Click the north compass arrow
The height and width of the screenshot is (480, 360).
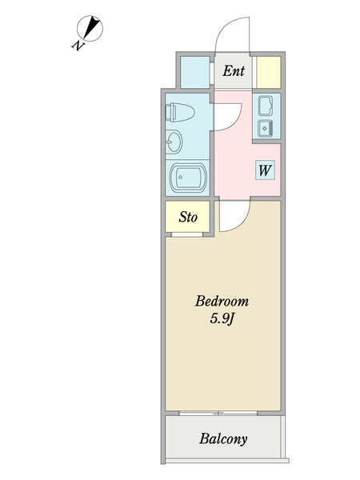pos(94,29)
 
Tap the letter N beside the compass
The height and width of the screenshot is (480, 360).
pos(78,46)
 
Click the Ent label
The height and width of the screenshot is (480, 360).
pos(233,71)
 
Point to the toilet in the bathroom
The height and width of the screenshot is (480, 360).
pos(179,112)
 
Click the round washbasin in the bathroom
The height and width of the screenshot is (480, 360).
pos(174,142)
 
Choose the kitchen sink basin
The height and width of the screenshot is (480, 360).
pos(266,106)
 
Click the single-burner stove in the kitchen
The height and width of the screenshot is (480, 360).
pos(266,128)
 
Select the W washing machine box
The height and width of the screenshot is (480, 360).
pos(266,170)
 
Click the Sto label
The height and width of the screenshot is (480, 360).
pos(188,217)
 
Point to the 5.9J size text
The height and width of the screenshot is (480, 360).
pos(222,321)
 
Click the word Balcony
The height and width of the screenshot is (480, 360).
pos(223,438)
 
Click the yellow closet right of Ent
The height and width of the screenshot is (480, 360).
pos(268,71)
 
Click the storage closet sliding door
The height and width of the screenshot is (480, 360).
pos(188,234)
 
